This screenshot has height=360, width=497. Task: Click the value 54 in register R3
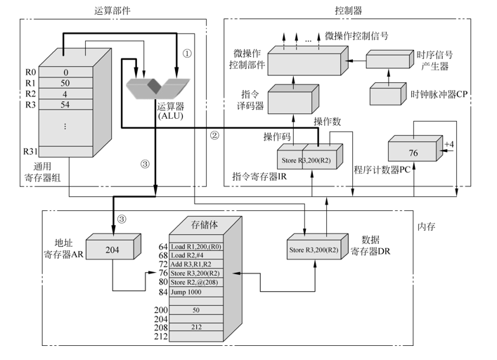pyautogui.click(x=65, y=105)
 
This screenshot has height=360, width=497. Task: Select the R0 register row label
pyautogui.click(x=30, y=72)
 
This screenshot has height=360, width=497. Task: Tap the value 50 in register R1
pyautogui.click(x=65, y=83)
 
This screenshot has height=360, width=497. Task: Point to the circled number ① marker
pyautogui.click(x=187, y=53)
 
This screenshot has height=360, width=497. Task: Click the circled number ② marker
pyautogui.click(x=215, y=135)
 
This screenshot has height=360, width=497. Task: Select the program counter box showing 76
pyautogui.click(x=413, y=151)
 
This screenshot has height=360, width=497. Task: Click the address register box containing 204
pyautogui.click(x=112, y=250)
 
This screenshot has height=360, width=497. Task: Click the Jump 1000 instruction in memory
pyautogui.click(x=191, y=291)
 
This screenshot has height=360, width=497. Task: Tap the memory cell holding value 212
pyautogui.click(x=196, y=327)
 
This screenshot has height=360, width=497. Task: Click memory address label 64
pyautogui.click(x=162, y=247)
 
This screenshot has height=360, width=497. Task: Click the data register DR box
pyautogui.click(x=313, y=250)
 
